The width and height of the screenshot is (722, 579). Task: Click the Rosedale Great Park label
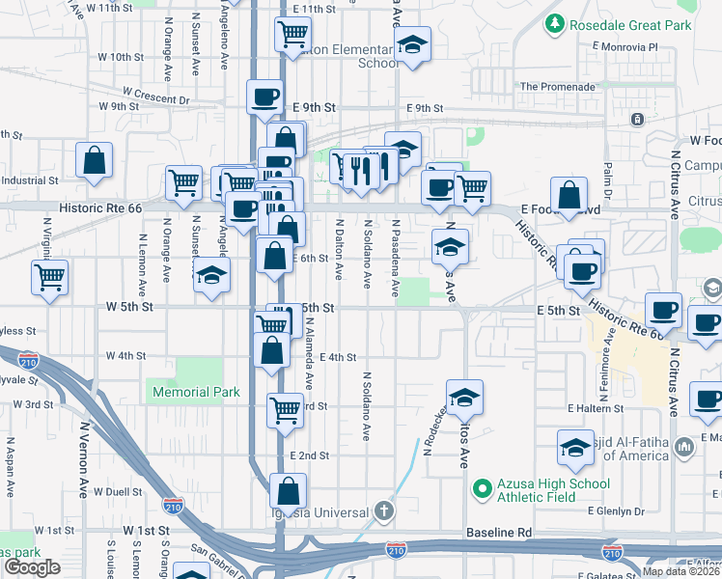pyautogui.click(x=631, y=25)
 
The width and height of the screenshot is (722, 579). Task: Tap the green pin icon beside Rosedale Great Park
pyautogui.click(x=555, y=23)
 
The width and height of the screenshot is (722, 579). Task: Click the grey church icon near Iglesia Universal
pyautogui.click(x=384, y=510)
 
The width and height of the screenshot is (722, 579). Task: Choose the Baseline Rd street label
pyautogui.click(x=499, y=532)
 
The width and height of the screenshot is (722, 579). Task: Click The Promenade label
pyautogui.click(x=557, y=86)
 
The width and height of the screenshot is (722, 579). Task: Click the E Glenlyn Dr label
pyautogui.click(x=618, y=510)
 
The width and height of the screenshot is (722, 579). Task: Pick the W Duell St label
pyautogui.click(x=118, y=491)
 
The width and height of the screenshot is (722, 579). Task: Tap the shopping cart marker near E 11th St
pyautogui.click(x=292, y=34)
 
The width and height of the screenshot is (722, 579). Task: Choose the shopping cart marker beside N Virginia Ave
pyautogui.click(x=49, y=277)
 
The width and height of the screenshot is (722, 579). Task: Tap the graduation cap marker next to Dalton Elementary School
pyautogui.click(x=412, y=43)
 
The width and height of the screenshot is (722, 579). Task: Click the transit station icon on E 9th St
pyautogui.click(x=637, y=119)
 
